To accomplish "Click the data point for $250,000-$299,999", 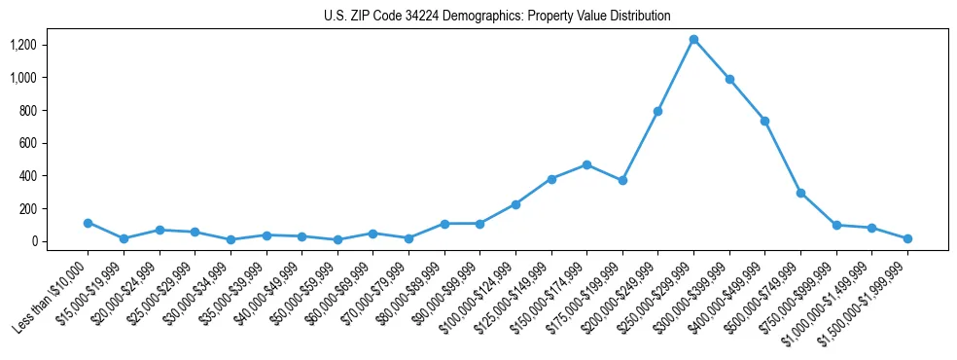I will pos(693,40).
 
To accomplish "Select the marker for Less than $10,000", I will pos(88,223).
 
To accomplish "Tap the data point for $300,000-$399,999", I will pos(729,79).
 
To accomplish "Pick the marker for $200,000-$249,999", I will pos(657,111).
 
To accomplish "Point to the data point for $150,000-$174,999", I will pos(586,164).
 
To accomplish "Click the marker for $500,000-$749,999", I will pos(800,193).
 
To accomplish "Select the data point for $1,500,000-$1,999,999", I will pos(907,238).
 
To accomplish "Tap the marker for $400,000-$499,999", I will pos(764,121).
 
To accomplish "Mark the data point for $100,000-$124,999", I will pos(515,204).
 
